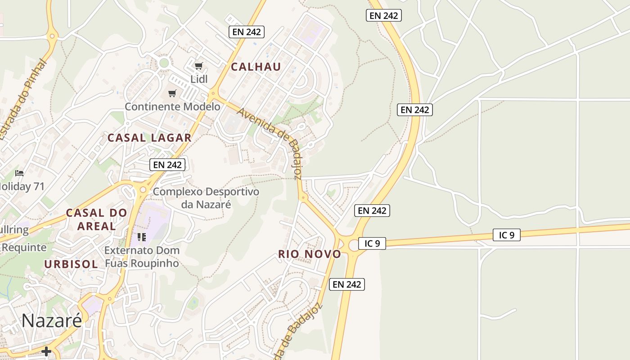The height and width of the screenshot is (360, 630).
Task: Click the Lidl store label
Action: [199, 79]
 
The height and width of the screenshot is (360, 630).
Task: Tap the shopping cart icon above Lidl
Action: [198, 66]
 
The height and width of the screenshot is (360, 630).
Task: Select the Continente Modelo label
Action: [172, 107]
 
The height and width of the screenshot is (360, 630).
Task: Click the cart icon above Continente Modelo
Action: [172, 94]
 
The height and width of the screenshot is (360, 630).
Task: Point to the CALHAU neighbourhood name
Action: [256, 67]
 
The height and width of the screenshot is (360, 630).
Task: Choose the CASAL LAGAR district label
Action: [149, 138]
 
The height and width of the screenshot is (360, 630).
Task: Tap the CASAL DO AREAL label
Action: [96, 219]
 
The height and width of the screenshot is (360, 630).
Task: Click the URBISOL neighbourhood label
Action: [71, 264]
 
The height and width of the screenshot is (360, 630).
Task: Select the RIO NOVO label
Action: [310, 254]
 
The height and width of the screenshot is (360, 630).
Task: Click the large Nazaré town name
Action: [52, 320]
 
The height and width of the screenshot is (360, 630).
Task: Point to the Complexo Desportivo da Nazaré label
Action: [206, 198]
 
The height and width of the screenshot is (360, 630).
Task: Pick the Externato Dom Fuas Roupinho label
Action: [142, 256]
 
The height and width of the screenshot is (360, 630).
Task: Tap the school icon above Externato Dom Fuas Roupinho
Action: [142, 237]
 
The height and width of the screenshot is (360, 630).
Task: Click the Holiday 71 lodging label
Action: [22, 186]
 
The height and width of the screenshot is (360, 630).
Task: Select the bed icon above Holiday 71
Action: [19, 173]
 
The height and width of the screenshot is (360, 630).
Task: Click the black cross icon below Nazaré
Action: [46, 351]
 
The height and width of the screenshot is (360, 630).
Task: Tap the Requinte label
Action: [23, 247]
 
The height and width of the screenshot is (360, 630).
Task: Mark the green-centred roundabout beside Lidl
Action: [164, 63]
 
